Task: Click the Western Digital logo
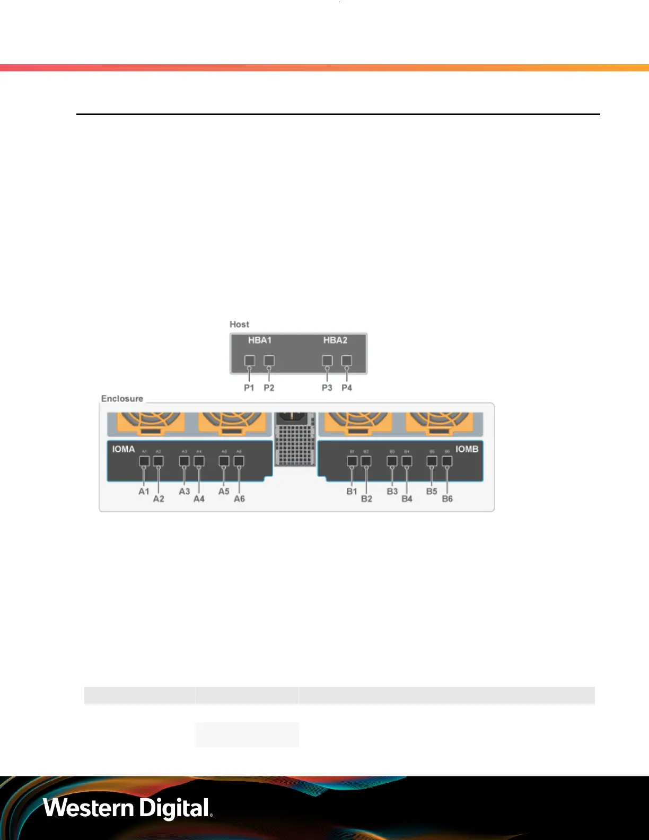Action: (x=128, y=808)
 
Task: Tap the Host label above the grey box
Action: (x=239, y=324)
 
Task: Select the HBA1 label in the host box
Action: (x=259, y=340)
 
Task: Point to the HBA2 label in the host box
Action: (x=335, y=340)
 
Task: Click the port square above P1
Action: (x=249, y=361)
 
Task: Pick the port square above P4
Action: (x=346, y=361)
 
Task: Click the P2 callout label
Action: (x=269, y=388)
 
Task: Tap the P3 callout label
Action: (x=327, y=388)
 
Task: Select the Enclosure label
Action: (x=122, y=398)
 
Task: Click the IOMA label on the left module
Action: (x=123, y=449)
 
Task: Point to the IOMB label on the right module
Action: (x=467, y=449)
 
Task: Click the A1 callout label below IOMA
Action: (x=144, y=491)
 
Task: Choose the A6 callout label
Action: (x=239, y=499)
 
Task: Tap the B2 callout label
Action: (x=366, y=499)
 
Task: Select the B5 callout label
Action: (x=432, y=491)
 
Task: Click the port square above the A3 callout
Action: (x=184, y=461)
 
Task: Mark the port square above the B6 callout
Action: (x=447, y=461)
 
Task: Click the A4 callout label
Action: (x=199, y=499)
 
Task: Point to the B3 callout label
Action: (x=392, y=491)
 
